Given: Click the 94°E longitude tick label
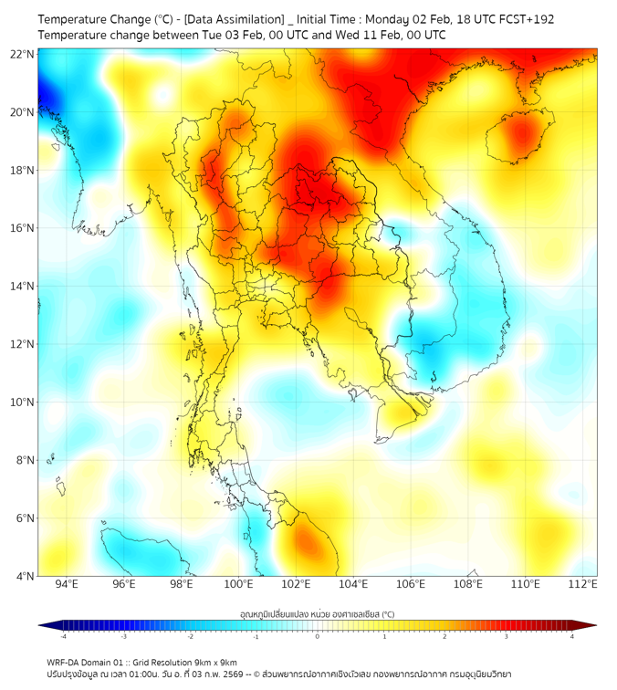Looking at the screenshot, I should coord(67,585).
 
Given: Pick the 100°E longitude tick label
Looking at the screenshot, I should coord(238,585).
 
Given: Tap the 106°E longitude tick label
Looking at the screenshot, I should coord(411,585).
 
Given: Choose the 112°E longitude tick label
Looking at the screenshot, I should coord(582,585).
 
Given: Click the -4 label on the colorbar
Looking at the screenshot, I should coord(62,636).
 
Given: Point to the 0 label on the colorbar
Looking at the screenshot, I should coord(318,636).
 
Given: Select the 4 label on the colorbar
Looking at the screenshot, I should coord(572,636).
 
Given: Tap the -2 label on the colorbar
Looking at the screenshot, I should coord(190,636).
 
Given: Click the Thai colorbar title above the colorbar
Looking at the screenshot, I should coord(317,613).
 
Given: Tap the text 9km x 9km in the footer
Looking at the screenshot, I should coord(216,662).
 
